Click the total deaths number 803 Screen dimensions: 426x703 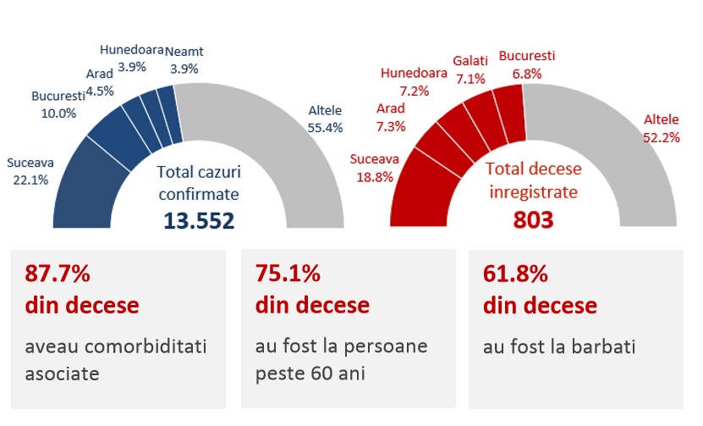click(x=533, y=220)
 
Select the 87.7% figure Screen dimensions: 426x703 click(x=57, y=274)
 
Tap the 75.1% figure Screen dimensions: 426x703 click(x=288, y=274)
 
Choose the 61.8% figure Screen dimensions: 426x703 click(x=515, y=274)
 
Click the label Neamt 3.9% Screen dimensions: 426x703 click(x=184, y=59)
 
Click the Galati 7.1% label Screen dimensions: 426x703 click(x=470, y=70)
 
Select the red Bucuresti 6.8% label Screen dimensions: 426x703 click(x=526, y=64)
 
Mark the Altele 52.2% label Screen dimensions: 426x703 click(x=662, y=128)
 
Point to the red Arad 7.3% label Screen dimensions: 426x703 click(x=391, y=117)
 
